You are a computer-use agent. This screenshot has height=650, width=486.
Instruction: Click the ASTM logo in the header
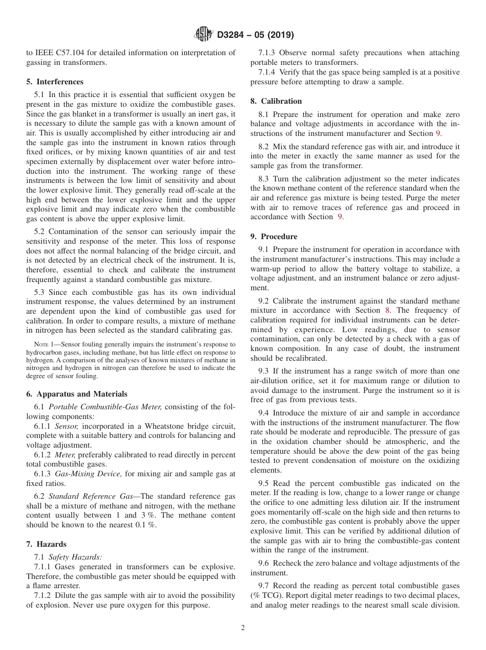point(204,35)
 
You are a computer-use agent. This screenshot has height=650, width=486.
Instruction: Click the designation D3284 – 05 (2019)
point(254,35)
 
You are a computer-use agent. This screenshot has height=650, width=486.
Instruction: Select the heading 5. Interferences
point(55,82)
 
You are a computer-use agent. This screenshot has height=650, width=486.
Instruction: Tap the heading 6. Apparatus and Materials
point(77,394)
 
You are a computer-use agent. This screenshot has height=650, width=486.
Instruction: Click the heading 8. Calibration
point(276,101)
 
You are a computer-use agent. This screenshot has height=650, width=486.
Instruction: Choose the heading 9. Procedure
point(274,237)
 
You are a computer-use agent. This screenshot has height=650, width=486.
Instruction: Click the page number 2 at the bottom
point(243,628)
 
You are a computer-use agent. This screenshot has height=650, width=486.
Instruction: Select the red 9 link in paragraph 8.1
point(438,133)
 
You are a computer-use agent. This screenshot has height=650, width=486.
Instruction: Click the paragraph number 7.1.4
point(268,72)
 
